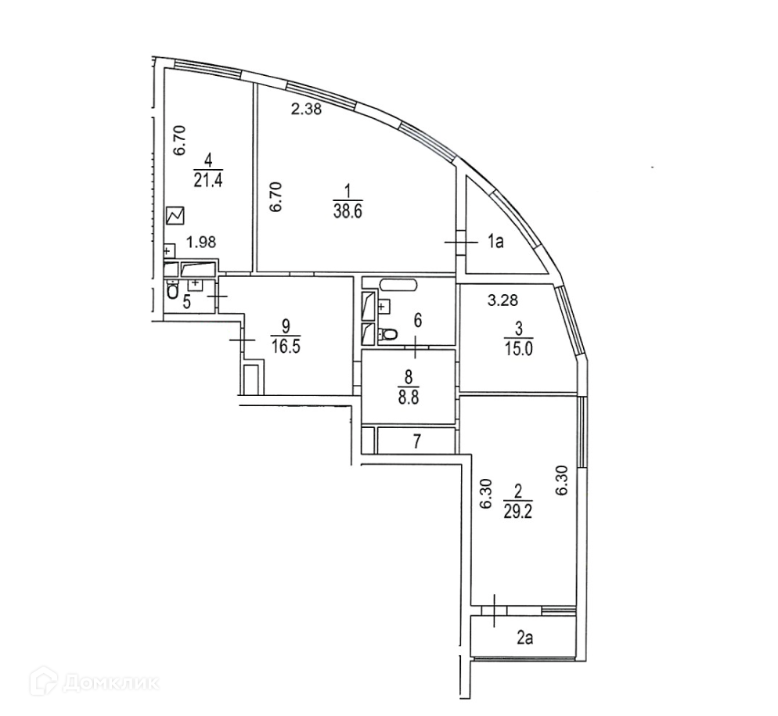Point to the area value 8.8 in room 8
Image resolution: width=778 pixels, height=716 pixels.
(x=408, y=396)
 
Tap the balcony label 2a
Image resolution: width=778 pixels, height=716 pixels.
(x=524, y=639)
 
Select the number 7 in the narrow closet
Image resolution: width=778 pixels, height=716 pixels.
(x=417, y=441)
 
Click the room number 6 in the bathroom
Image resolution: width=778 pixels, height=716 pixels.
(x=417, y=319)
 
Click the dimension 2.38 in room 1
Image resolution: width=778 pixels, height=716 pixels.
(x=306, y=110)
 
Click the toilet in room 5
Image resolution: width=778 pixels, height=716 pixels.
(x=172, y=292)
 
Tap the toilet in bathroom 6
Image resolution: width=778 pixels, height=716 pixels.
(x=387, y=336)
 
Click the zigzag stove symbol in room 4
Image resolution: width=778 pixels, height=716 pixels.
(x=175, y=214)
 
